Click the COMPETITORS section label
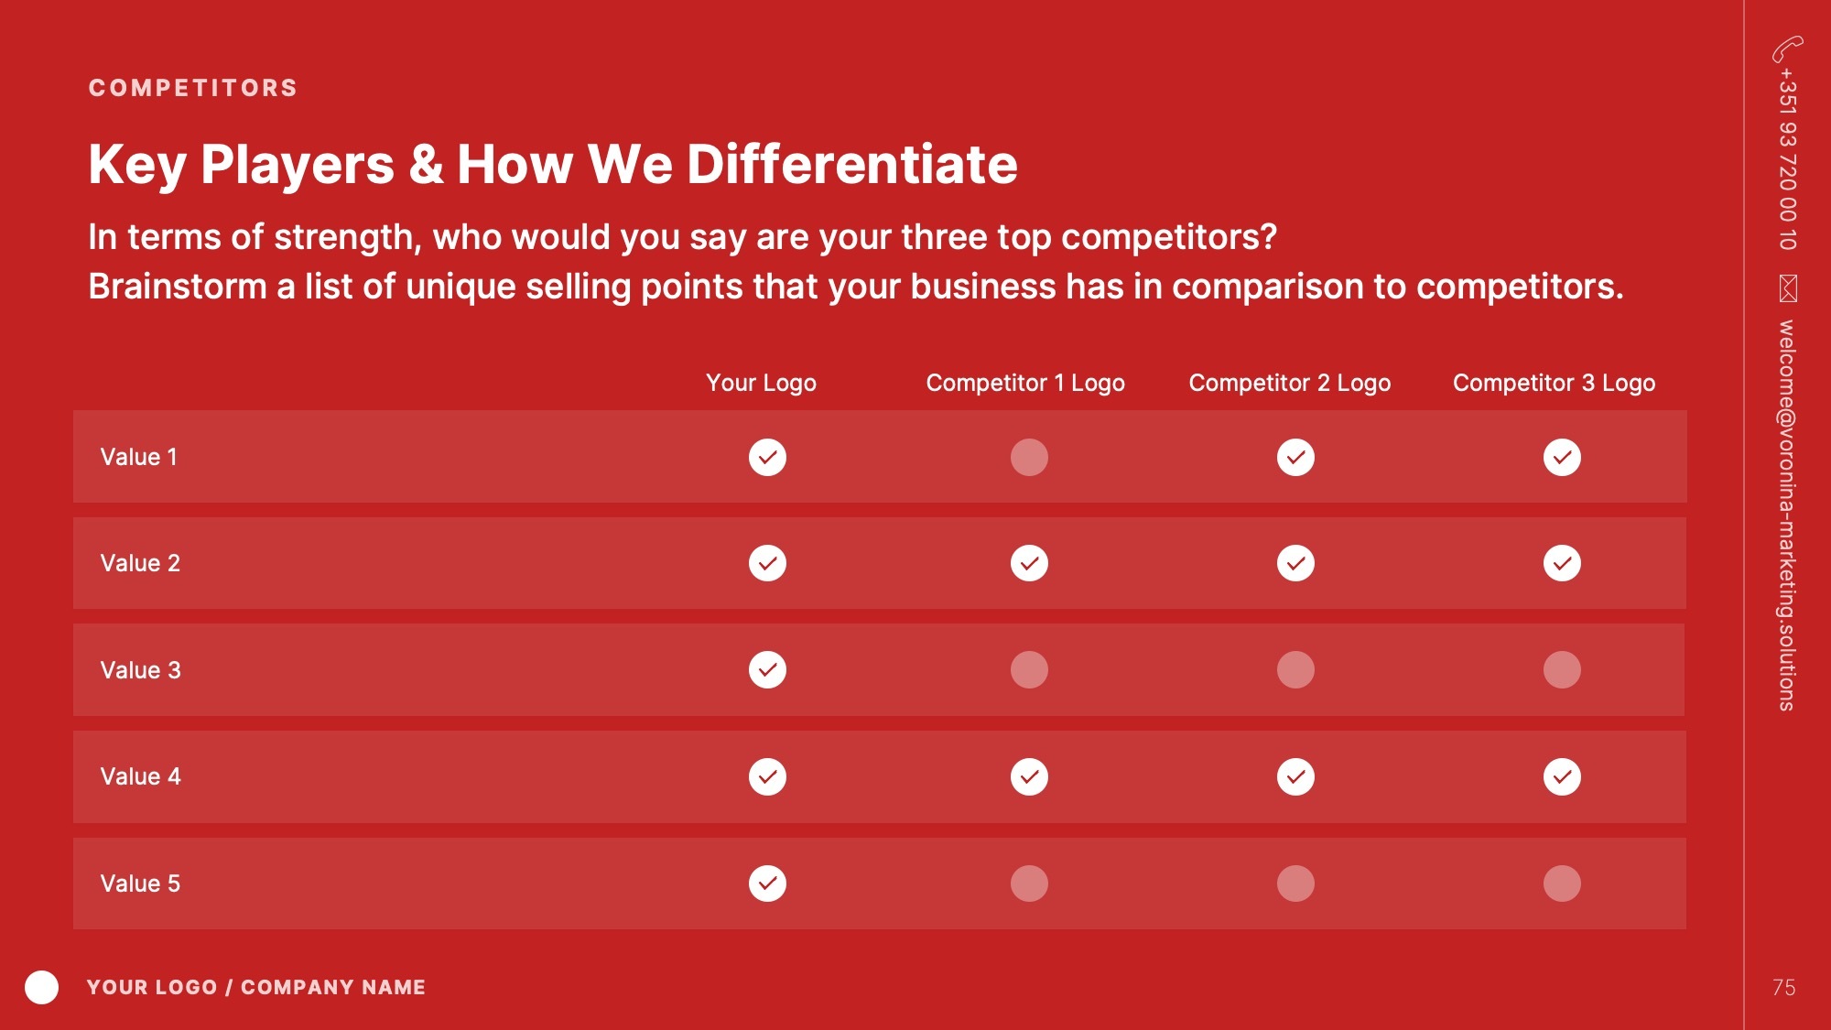pyautogui.click(x=193, y=88)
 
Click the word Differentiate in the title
pyautogui.click(x=851, y=164)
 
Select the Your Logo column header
pyautogui.click(x=761, y=383)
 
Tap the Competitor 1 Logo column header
pyautogui.click(x=1025, y=383)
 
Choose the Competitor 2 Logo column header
pyautogui.click(x=1290, y=383)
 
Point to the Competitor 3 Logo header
pyautogui.click(x=1554, y=383)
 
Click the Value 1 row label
pyautogui.click(x=138, y=457)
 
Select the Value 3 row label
pyautogui.click(x=140, y=670)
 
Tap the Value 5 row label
pyautogui.click(x=140, y=884)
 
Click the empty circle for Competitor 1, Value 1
pyautogui.click(x=1029, y=457)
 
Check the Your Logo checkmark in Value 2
pyautogui.click(x=767, y=563)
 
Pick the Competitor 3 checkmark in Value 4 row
pyautogui.click(x=1562, y=776)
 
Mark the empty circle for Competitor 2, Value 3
pyautogui.click(x=1295, y=669)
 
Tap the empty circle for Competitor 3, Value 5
pyautogui.click(x=1562, y=884)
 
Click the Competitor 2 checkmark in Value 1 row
pyautogui.click(x=1295, y=457)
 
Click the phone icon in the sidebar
pyautogui.click(x=1787, y=49)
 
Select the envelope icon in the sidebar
pyautogui.click(x=1788, y=287)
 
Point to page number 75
pyautogui.click(x=1783, y=987)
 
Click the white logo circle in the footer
pyautogui.click(x=41, y=987)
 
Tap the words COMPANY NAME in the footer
pyautogui.click(x=333, y=987)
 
